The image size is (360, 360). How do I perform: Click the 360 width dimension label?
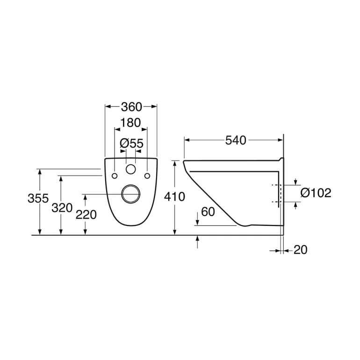[131, 107]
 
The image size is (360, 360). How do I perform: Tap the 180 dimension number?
[130, 123]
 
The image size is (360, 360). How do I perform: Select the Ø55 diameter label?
[131, 144]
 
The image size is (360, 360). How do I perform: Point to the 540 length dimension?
[236, 140]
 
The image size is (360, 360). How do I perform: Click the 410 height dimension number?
[174, 197]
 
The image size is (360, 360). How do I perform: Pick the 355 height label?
[38, 198]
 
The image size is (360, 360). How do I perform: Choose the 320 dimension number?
[62, 208]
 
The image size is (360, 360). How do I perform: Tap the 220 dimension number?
[86, 215]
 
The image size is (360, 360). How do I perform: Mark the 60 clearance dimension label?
[208, 212]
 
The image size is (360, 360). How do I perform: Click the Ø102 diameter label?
[316, 193]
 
